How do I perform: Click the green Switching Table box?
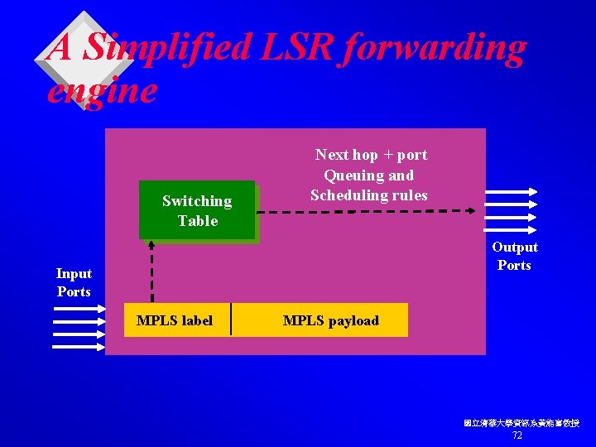pyautogui.click(x=197, y=210)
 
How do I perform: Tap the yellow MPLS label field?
pyautogui.click(x=175, y=320)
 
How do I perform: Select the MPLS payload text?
pyautogui.click(x=330, y=320)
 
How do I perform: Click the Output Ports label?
pyautogui.click(x=514, y=256)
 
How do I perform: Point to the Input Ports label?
pyautogui.click(x=74, y=282)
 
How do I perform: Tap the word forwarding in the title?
pyautogui.click(x=434, y=48)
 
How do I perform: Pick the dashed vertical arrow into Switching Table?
pyautogui.click(x=152, y=272)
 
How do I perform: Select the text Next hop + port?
pyautogui.click(x=371, y=155)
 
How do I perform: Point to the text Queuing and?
pyautogui.click(x=368, y=175)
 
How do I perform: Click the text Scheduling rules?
pyautogui.click(x=369, y=195)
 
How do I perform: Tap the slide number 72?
pyautogui.click(x=517, y=435)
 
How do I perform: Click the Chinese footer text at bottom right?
pyautogui.click(x=521, y=423)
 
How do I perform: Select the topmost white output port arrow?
pyautogui.click(x=510, y=191)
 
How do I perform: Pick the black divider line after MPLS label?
pyautogui.click(x=231, y=320)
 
